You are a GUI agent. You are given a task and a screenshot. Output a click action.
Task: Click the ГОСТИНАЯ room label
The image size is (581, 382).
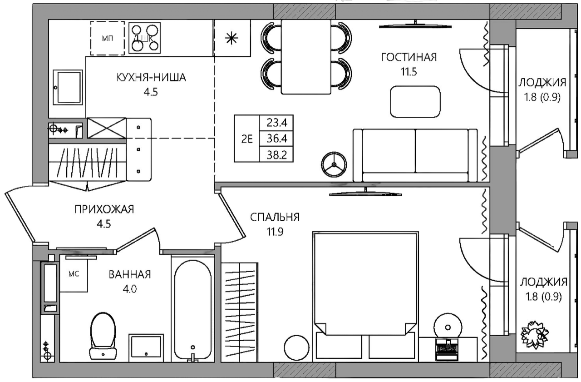point(409,57)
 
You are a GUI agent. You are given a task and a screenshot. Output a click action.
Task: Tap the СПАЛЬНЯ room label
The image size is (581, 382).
point(275,217)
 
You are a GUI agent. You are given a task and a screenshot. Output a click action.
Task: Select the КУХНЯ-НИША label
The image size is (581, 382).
point(151,78)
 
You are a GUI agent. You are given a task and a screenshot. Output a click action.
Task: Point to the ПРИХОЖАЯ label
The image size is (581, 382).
point(104,209)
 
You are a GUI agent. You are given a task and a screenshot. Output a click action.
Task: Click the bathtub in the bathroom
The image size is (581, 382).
point(192,309)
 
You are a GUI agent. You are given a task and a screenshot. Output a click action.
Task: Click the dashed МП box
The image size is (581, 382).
point(107,38)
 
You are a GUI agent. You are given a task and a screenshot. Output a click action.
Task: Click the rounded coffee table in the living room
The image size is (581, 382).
point(415,101)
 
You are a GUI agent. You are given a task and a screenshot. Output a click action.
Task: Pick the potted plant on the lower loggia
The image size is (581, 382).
point(534,335)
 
